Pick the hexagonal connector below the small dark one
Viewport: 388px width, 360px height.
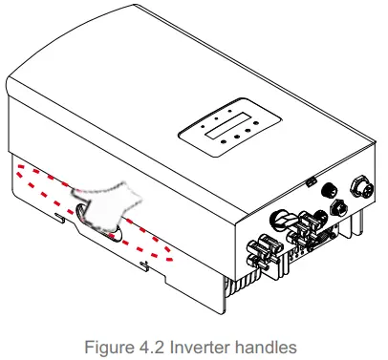tap(336, 206)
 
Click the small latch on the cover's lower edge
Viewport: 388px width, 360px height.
tap(312, 179)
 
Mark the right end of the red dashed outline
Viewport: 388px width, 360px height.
tap(171, 252)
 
